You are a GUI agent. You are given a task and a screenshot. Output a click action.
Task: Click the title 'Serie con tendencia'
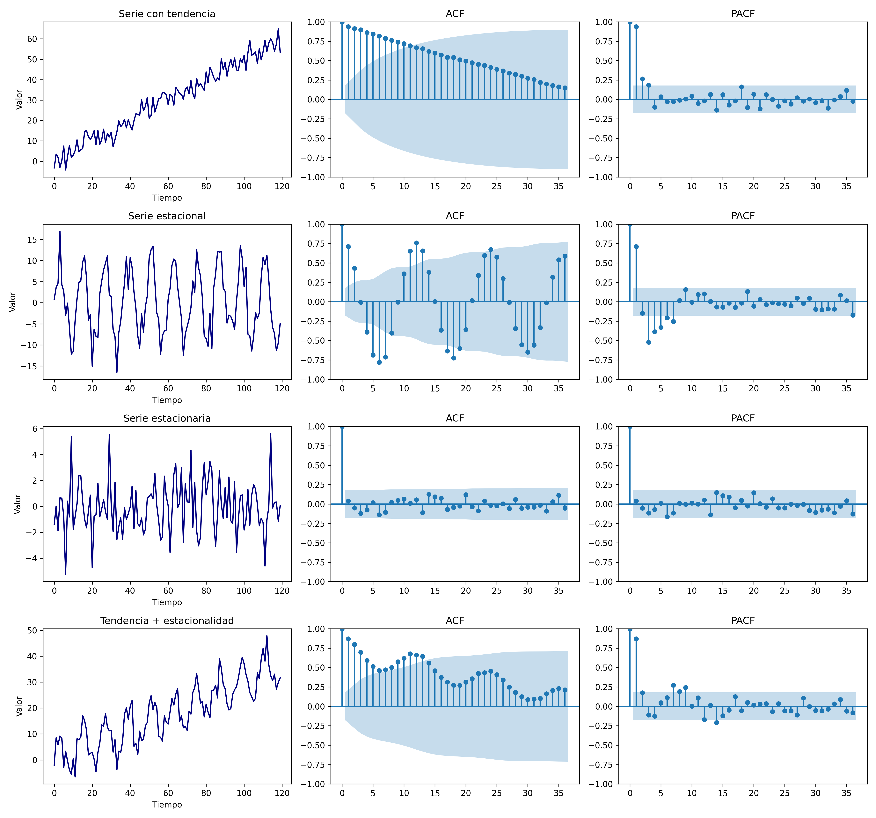[167, 14]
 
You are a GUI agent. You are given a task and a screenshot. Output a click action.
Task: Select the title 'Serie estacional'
[167, 216]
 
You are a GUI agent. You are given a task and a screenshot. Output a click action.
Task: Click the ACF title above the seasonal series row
[455, 216]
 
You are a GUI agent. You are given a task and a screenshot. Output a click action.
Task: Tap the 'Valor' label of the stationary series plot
[18, 504]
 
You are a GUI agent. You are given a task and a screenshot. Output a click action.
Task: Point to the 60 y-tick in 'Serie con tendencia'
[32, 39]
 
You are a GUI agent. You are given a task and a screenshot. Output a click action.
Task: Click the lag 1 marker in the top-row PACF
[636, 26]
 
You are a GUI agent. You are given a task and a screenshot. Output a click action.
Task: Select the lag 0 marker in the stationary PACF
[630, 426]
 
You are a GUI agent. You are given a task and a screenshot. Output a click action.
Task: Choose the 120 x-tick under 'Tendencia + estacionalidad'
[282, 793]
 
